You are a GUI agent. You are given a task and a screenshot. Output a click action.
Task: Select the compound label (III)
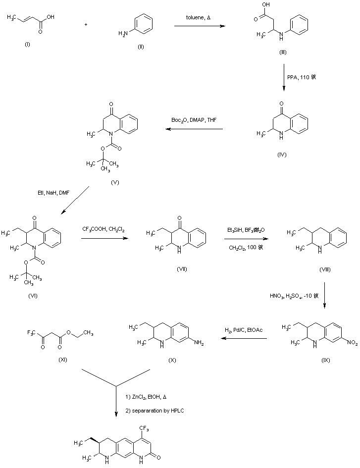[x=282, y=52]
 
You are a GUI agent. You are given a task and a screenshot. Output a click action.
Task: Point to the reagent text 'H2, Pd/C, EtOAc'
[x=244, y=329]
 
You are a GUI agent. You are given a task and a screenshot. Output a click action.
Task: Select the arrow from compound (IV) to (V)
[x=194, y=130]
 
